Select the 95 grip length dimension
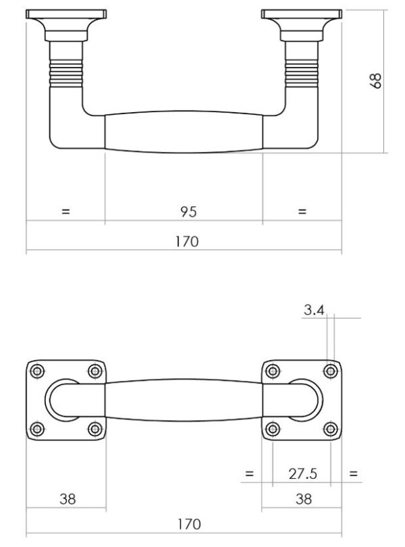click(188, 211)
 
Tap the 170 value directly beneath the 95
click(188, 241)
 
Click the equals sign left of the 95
click(65, 211)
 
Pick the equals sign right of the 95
click(302, 211)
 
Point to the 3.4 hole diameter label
click(315, 310)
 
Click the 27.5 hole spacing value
click(302, 474)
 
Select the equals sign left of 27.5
click(249, 474)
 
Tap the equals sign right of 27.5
click(353, 474)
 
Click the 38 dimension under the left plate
click(67, 499)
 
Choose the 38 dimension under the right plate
click(304, 499)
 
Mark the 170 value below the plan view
click(188, 523)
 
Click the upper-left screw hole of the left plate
click(37, 371)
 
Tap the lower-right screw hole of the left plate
click(95, 428)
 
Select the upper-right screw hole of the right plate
click(331, 371)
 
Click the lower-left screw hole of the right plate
click(273, 428)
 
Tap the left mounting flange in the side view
click(65, 15)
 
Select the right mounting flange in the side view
click(302, 15)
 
